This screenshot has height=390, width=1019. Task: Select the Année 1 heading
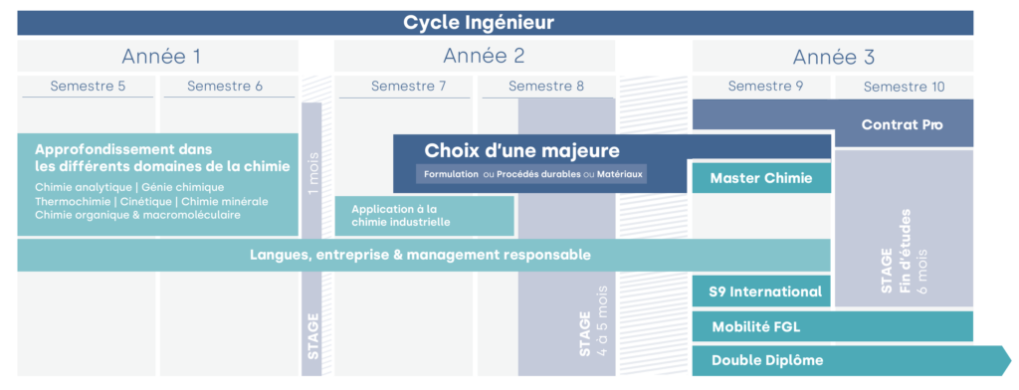pyautogui.click(x=161, y=56)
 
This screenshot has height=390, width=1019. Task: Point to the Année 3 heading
pyautogui.click(x=833, y=56)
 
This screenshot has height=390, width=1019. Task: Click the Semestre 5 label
pyautogui.click(x=88, y=87)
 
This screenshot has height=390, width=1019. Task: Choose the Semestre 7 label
pyautogui.click(x=408, y=87)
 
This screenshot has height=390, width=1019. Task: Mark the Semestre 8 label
pyautogui.click(x=546, y=87)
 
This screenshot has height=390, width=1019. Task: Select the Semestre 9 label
pyautogui.click(x=765, y=87)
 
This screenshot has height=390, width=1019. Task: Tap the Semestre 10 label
pyautogui.click(x=905, y=88)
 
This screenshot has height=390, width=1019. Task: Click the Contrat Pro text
pyautogui.click(x=902, y=125)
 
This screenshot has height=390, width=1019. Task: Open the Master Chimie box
pyautogui.click(x=761, y=178)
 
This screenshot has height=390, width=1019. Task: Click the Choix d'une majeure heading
pyautogui.click(x=522, y=151)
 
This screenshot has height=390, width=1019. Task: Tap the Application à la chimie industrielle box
pyautogui.click(x=425, y=216)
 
